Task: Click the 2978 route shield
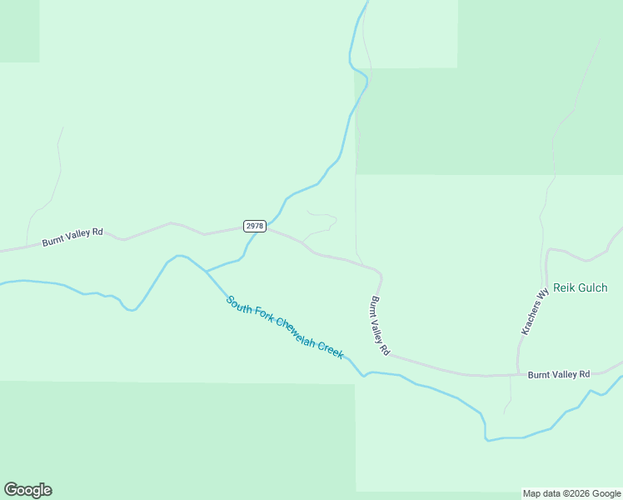[255, 226]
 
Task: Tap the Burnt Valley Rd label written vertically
[379, 326]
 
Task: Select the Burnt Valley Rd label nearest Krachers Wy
[558, 374]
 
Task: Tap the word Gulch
[592, 287]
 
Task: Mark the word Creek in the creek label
[332, 352]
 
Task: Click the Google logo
[27, 490]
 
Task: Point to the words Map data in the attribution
[541, 494]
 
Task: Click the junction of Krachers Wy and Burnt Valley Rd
[518, 374]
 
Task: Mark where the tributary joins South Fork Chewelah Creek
[206, 272]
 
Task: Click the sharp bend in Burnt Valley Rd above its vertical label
[380, 274]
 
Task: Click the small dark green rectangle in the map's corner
[19, 31]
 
